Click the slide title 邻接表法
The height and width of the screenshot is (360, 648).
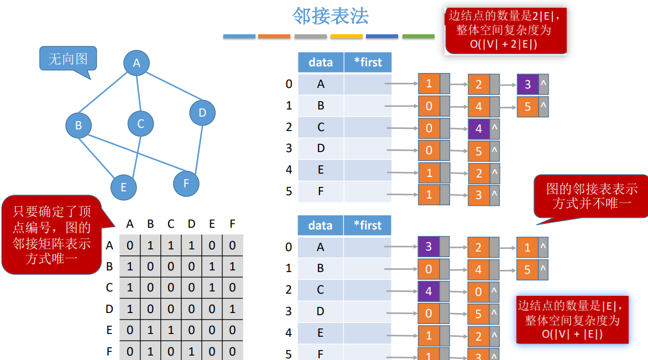click(x=330, y=16)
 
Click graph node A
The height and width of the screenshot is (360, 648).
click(x=137, y=63)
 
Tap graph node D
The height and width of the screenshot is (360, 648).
click(x=202, y=113)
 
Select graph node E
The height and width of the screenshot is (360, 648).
click(x=123, y=187)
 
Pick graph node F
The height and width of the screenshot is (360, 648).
click(x=186, y=183)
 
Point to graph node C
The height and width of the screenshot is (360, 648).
click(x=140, y=123)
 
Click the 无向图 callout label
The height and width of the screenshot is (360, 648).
click(x=68, y=59)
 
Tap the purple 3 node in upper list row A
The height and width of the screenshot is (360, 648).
click(x=527, y=85)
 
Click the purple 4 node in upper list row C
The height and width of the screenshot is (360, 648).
click(x=478, y=129)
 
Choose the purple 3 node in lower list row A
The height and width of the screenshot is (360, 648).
click(x=428, y=247)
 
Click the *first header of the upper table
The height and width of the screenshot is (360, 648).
click(x=367, y=62)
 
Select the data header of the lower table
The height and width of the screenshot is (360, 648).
click(x=321, y=225)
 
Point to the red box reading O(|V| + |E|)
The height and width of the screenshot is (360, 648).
click(x=572, y=320)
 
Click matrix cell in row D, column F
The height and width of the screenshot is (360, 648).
click(x=232, y=309)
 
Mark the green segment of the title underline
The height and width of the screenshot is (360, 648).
click(x=418, y=36)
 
